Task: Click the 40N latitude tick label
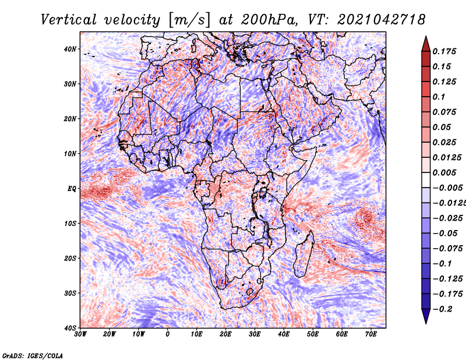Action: pyautogui.click(x=70, y=49)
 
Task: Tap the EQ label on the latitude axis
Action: pyautogui.click(x=72, y=189)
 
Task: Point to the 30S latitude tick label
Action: pyautogui.click(x=70, y=293)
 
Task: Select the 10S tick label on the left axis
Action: pyautogui.click(x=70, y=223)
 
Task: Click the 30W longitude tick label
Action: pyautogui.click(x=80, y=334)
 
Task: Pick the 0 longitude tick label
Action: pyautogui.click(x=168, y=334)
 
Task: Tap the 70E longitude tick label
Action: pyautogui.click(x=370, y=334)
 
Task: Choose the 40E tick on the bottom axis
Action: pyautogui.click(x=284, y=334)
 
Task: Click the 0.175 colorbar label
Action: pyautogui.click(x=444, y=51)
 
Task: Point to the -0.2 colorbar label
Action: pyautogui.click(x=443, y=309)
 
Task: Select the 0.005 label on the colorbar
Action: pyautogui.click(x=444, y=172)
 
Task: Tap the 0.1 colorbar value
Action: pyautogui.click(x=439, y=97)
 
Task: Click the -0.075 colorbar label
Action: pyautogui.click(x=447, y=249)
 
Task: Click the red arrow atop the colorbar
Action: pyautogui.click(x=426, y=44)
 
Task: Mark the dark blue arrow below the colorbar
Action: pyautogui.click(x=426, y=316)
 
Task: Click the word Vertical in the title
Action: pyautogui.click(x=69, y=20)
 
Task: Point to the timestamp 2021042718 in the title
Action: pyautogui.click(x=382, y=20)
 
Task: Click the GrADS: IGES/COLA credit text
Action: pyautogui.click(x=33, y=356)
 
